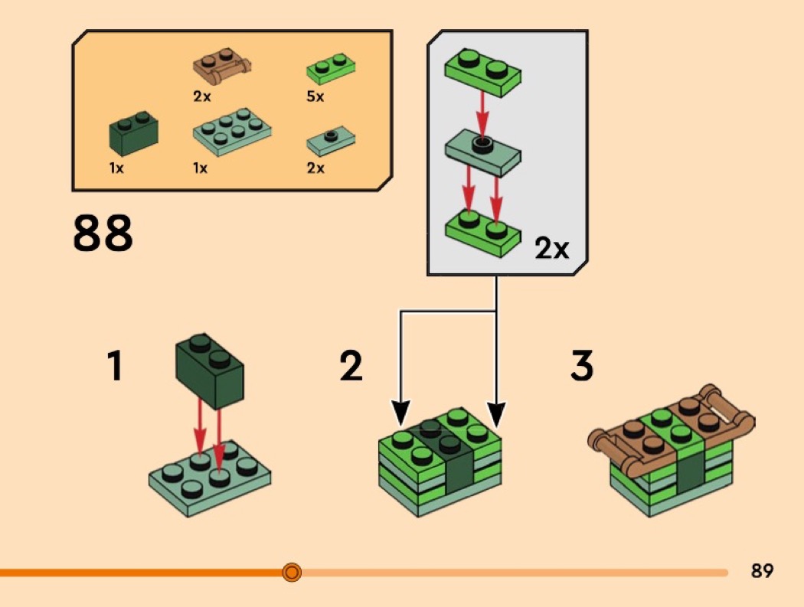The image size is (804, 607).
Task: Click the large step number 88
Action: pyautogui.click(x=103, y=233)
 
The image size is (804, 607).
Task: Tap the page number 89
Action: pyautogui.click(x=762, y=570)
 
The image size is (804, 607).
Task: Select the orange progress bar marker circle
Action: pyautogui.click(x=292, y=572)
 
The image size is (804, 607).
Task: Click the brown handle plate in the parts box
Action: pyautogui.click(x=223, y=67)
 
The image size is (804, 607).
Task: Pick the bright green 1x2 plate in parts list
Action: pyautogui.click(x=331, y=69)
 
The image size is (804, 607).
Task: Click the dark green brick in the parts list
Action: pyautogui.click(x=133, y=132)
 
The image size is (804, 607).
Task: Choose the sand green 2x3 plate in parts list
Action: pyautogui.click(x=232, y=132)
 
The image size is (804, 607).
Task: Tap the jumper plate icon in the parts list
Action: pyautogui.click(x=331, y=142)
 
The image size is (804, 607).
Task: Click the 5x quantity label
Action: pyautogui.click(x=315, y=96)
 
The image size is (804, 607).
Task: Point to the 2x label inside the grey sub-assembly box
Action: pyautogui.click(x=552, y=249)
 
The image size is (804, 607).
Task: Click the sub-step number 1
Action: pyautogui.click(x=115, y=366)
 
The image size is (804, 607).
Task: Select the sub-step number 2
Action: pyautogui.click(x=351, y=366)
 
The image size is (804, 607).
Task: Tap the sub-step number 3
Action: pyautogui.click(x=582, y=366)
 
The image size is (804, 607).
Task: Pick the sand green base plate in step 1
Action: pyautogui.click(x=210, y=478)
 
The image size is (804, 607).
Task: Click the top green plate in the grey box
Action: pyautogui.click(x=482, y=73)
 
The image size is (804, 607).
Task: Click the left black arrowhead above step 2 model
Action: pyautogui.click(x=400, y=413)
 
